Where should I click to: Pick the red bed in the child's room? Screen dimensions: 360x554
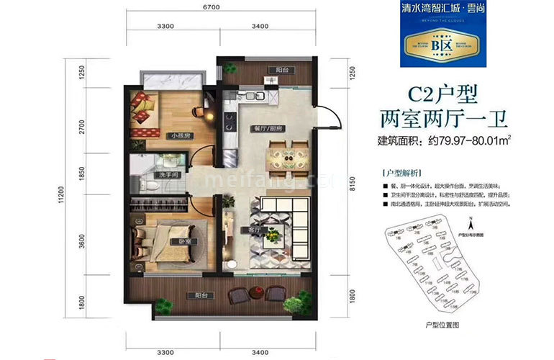147,116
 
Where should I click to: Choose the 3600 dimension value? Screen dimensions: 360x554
82,232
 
